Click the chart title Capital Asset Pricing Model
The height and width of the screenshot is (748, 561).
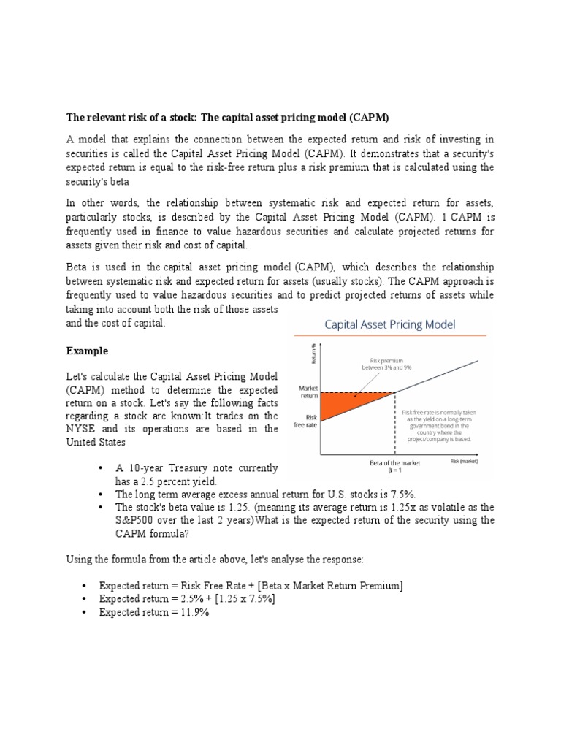pyautogui.click(x=391, y=324)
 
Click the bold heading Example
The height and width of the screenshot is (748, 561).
pyautogui.click(x=87, y=351)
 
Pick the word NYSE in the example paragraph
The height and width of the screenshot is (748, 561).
pyautogui.click(x=83, y=429)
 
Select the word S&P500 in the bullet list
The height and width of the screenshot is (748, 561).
pyautogui.click(x=137, y=520)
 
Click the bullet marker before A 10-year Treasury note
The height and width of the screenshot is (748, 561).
pyautogui.click(x=99, y=468)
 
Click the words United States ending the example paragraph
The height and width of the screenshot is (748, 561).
pyautogui.click(x=96, y=443)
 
